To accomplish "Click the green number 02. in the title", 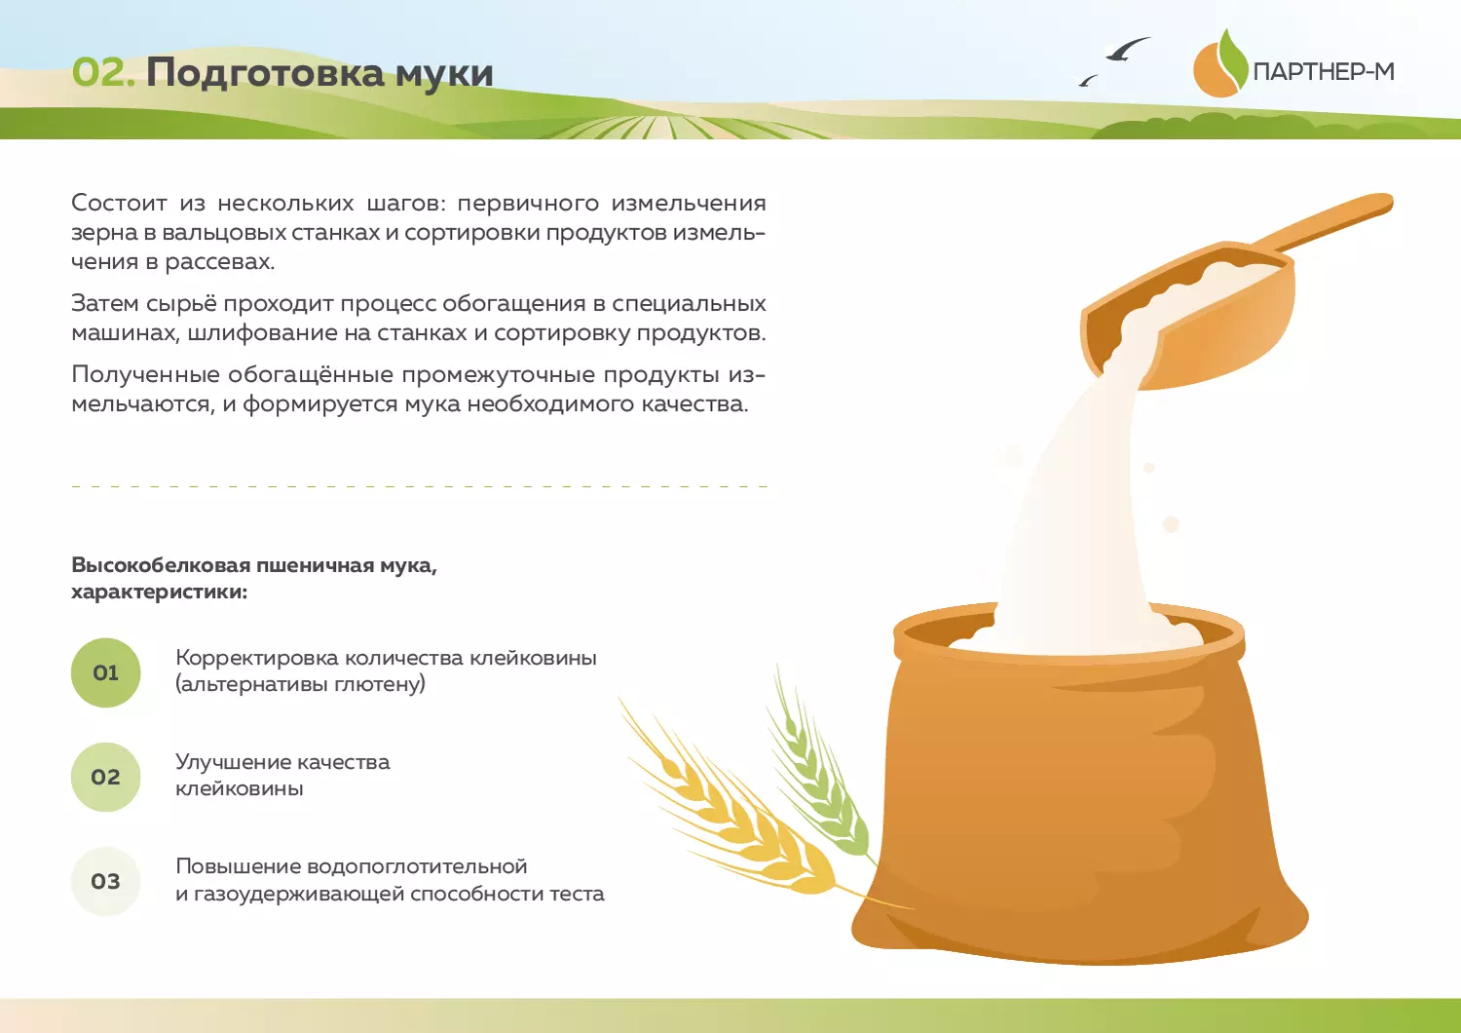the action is point(103,72).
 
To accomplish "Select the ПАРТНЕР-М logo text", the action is point(1324,71).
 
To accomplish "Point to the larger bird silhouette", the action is point(1127,49).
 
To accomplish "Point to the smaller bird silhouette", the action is point(1087,80).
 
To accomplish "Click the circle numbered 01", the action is point(105,672).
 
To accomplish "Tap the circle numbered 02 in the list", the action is point(105,778).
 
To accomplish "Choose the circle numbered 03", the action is point(105,882).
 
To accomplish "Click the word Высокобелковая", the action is point(161,564).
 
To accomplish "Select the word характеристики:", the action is point(159,593).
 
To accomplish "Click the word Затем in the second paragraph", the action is point(103,303).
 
